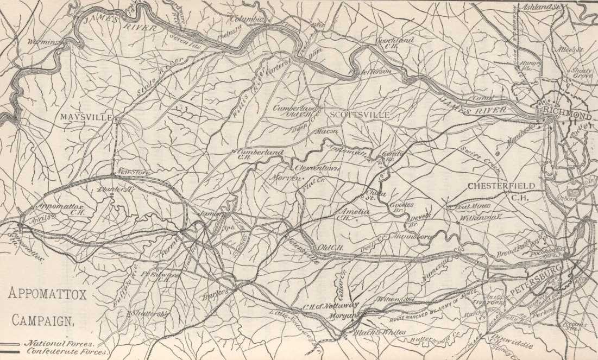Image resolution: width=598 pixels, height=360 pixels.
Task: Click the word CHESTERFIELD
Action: (501, 186)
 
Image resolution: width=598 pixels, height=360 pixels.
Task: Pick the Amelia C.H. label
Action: (352, 212)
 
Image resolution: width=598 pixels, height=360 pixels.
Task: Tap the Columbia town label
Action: (247, 19)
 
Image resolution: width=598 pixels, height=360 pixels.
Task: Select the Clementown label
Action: (317, 169)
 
